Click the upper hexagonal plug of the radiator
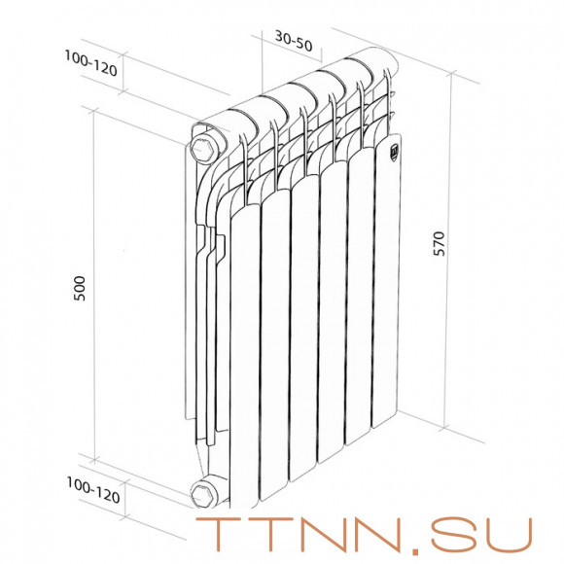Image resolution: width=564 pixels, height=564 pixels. point(206,149)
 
